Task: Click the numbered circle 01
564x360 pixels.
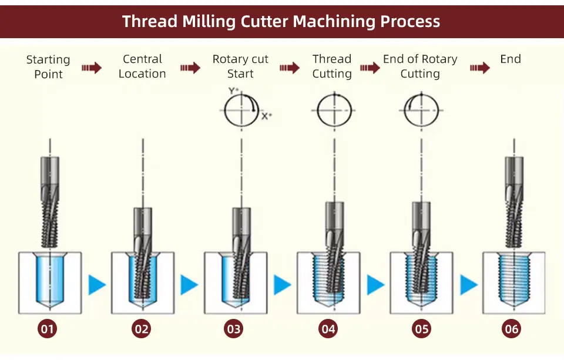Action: click(47, 329)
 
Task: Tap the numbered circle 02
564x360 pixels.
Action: click(142, 329)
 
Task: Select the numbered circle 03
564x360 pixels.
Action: click(234, 329)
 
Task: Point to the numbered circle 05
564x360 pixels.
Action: click(422, 329)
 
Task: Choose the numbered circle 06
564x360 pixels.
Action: click(512, 329)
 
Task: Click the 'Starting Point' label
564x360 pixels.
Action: click(48, 67)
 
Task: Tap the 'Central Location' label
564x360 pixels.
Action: click(142, 66)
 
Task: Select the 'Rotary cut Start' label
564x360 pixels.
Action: click(240, 66)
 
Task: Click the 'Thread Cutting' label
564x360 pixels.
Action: click(332, 66)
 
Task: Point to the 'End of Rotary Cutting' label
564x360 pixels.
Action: click(420, 66)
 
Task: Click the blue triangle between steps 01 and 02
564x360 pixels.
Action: click(96, 285)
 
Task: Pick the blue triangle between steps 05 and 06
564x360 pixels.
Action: click(468, 285)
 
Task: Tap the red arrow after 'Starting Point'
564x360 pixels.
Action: click(91, 68)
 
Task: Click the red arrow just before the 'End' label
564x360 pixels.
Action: click(479, 68)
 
